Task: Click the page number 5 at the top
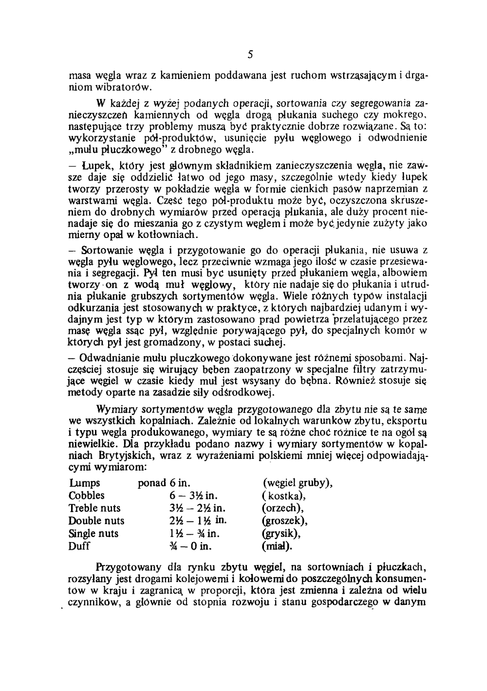coord(249,54)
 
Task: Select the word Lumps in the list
coord(84,483)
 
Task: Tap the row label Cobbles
coord(87,496)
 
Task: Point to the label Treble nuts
coord(94,509)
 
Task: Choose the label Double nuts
coord(96,521)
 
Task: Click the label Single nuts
coord(94,534)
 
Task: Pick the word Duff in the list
coord(79,546)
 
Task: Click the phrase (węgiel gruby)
coord(298,483)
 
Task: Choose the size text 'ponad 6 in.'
coord(164,483)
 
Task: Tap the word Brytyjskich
coord(122,456)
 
